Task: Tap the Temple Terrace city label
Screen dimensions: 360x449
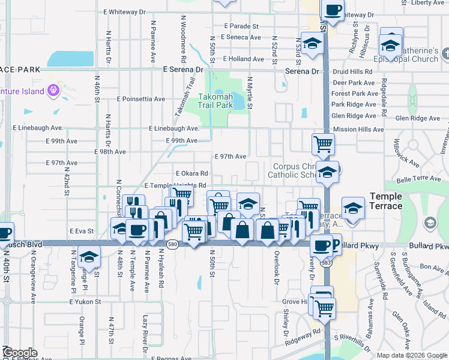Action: point(386,201)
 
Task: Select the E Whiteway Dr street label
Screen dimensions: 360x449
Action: point(124,11)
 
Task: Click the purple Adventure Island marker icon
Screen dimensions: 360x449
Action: point(54,91)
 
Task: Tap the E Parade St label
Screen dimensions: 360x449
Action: point(241,26)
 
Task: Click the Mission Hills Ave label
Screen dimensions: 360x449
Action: point(358,129)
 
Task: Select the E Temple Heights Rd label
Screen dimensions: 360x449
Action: point(175,186)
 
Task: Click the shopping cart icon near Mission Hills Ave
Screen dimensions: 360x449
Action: point(323,144)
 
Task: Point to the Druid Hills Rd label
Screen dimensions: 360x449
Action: point(352,71)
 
